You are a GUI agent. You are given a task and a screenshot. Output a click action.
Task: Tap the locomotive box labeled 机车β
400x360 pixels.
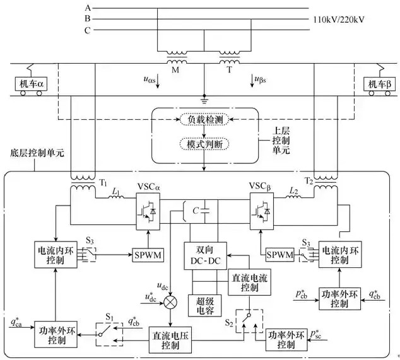380,84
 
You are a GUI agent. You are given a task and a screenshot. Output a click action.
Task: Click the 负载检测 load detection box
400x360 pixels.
205,120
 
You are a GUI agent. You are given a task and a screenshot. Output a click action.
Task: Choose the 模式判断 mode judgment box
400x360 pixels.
205,144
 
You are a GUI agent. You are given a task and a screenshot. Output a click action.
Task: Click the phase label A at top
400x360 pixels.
88,7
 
